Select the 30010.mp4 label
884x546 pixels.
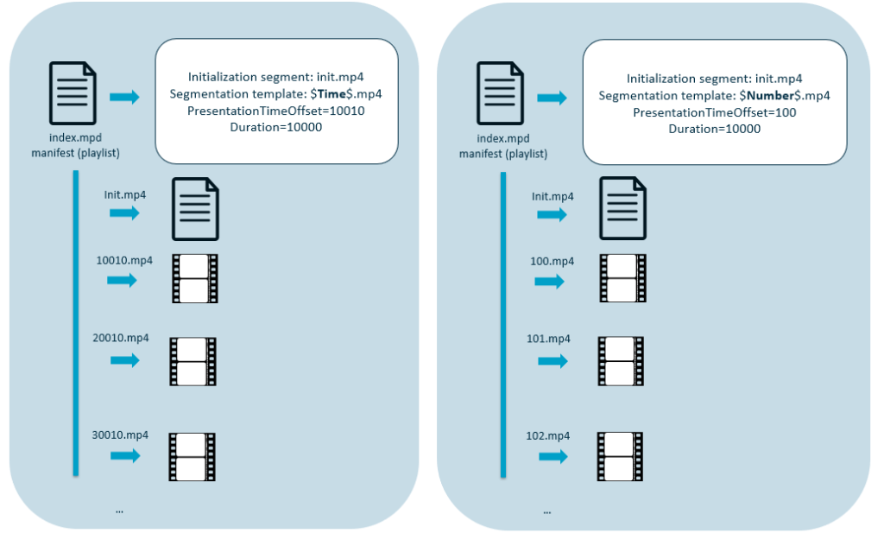click(121, 435)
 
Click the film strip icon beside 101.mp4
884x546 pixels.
click(622, 361)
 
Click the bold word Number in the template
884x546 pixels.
click(768, 96)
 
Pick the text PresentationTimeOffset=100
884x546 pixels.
click(714, 112)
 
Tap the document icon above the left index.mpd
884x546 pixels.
click(73, 95)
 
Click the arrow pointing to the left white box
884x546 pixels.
click(124, 98)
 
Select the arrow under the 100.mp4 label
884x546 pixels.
click(549, 282)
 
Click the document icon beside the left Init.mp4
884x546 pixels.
click(196, 209)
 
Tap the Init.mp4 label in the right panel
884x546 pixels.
click(552, 196)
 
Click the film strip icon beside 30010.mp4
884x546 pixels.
click(192, 456)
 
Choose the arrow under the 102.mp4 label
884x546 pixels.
click(552, 456)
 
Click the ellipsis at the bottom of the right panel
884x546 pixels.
click(547, 511)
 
